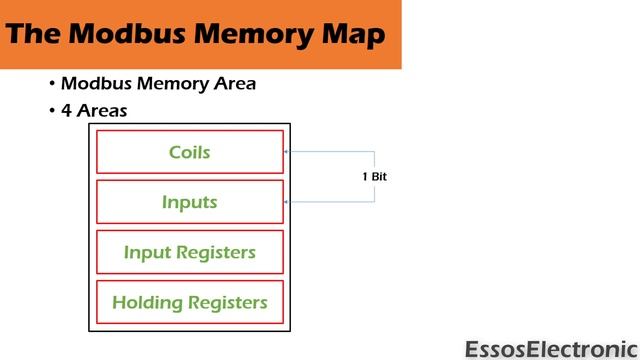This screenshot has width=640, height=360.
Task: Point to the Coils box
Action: tap(190, 152)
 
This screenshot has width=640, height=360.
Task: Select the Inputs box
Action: tap(190, 202)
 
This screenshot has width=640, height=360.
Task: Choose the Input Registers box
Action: tap(190, 252)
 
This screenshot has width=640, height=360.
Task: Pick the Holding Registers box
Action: tap(190, 302)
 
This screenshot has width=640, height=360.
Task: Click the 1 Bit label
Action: tap(374, 177)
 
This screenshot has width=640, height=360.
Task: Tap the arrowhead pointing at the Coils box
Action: tap(288, 152)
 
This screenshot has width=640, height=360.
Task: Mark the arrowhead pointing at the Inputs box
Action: tap(288, 202)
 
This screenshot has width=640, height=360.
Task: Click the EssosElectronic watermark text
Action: tap(551, 349)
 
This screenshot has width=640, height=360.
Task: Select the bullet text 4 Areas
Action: tap(94, 111)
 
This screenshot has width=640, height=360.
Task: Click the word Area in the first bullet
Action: tap(232, 84)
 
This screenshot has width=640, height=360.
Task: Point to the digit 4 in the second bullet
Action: tap(66, 111)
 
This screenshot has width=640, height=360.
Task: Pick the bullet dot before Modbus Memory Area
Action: tap(51, 84)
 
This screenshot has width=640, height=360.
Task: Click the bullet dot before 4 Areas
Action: tap(51, 111)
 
